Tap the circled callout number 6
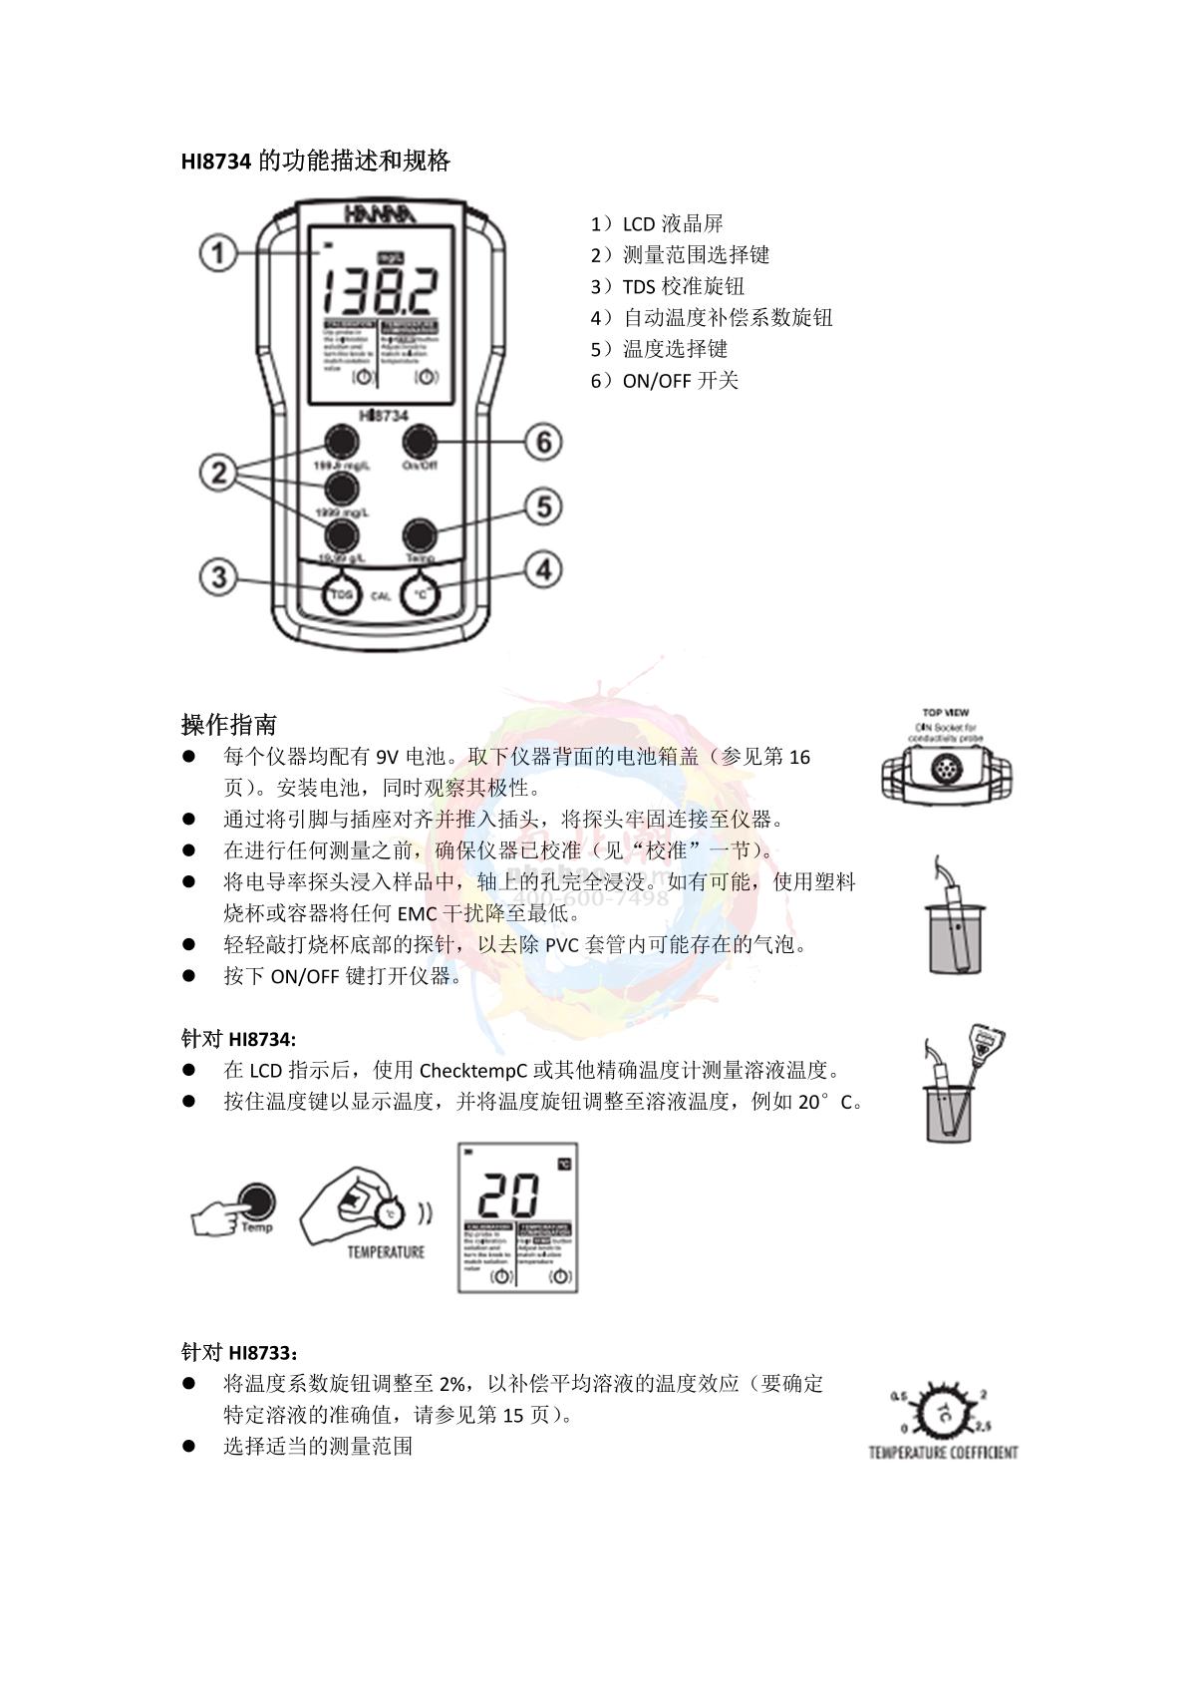pyautogui.click(x=543, y=441)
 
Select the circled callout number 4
pyautogui.click(x=543, y=570)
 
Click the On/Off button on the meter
pyautogui.click(x=420, y=441)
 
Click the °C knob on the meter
pyautogui.click(x=420, y=595)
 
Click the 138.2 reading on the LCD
pyautogui.click(x=380, y=290)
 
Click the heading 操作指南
pyautogui.click(x=229, y=724)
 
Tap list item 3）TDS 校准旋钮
pyautogui.click(x=669, y=286)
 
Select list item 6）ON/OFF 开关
pyautogui.click(x=665, y=380)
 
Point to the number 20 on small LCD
pyautogui.click(x=510, y=1193)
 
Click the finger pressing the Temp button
pyautogui.click(x=232, y=1209)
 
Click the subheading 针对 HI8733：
pyautogui.click(x=239, y=1352)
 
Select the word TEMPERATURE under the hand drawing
pyautogui.click(x=386, y=1252)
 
